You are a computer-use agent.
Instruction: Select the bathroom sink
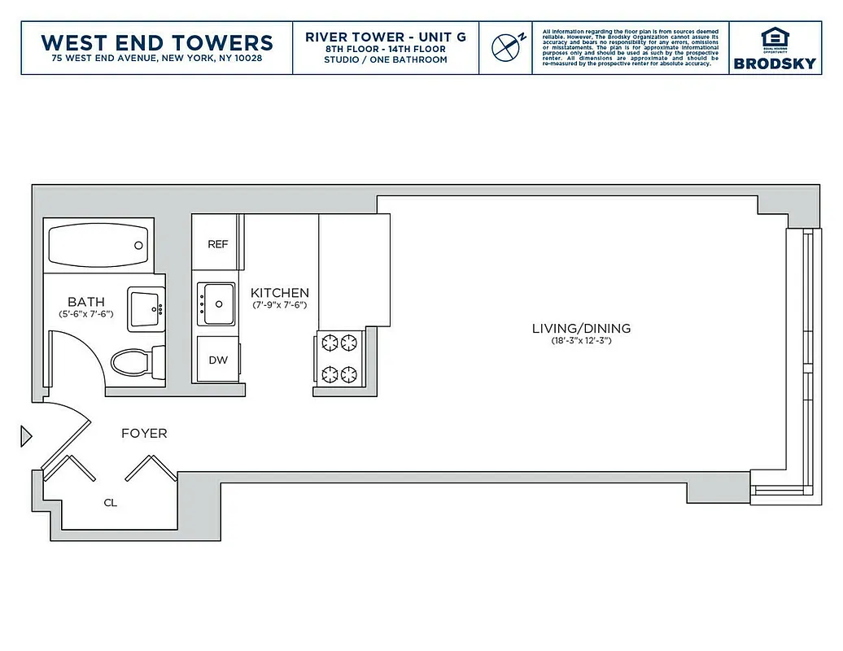pos(146,308)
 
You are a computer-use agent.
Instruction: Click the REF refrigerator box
pos(217,244)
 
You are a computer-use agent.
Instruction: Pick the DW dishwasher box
pos(218,360)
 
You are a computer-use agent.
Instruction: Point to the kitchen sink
pos(217,304)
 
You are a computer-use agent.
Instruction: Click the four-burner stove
pos(339,358)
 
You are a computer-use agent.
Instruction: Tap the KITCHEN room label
pos(279,293)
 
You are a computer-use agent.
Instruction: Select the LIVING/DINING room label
pos(581,329)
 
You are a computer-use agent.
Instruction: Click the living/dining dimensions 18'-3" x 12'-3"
pos(581,341)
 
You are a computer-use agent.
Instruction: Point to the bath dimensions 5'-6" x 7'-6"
pos(85,313)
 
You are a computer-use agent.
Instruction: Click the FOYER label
pos(144,434)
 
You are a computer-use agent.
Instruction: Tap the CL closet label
pos(110,503)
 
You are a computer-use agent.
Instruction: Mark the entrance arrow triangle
pos(25,437)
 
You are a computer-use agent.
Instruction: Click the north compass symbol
pos(506,47)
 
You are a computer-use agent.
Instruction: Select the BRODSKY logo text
pos(774,63)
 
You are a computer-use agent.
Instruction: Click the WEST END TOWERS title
pos(156,42)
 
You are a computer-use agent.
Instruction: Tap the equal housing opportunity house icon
pos(774,37)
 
